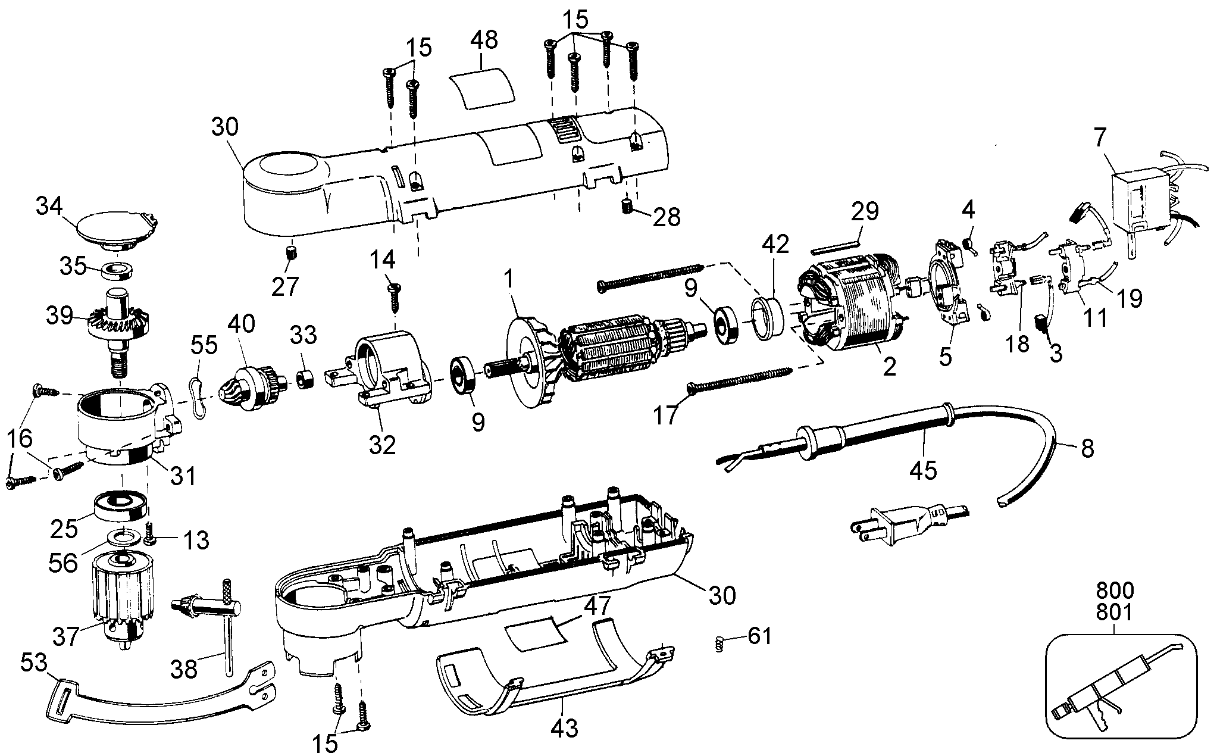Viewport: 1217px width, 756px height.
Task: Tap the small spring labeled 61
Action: pos(719,643)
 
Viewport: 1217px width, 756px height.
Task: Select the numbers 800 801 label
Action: pos(1114,602)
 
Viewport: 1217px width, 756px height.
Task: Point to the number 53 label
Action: pos(35,661)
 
